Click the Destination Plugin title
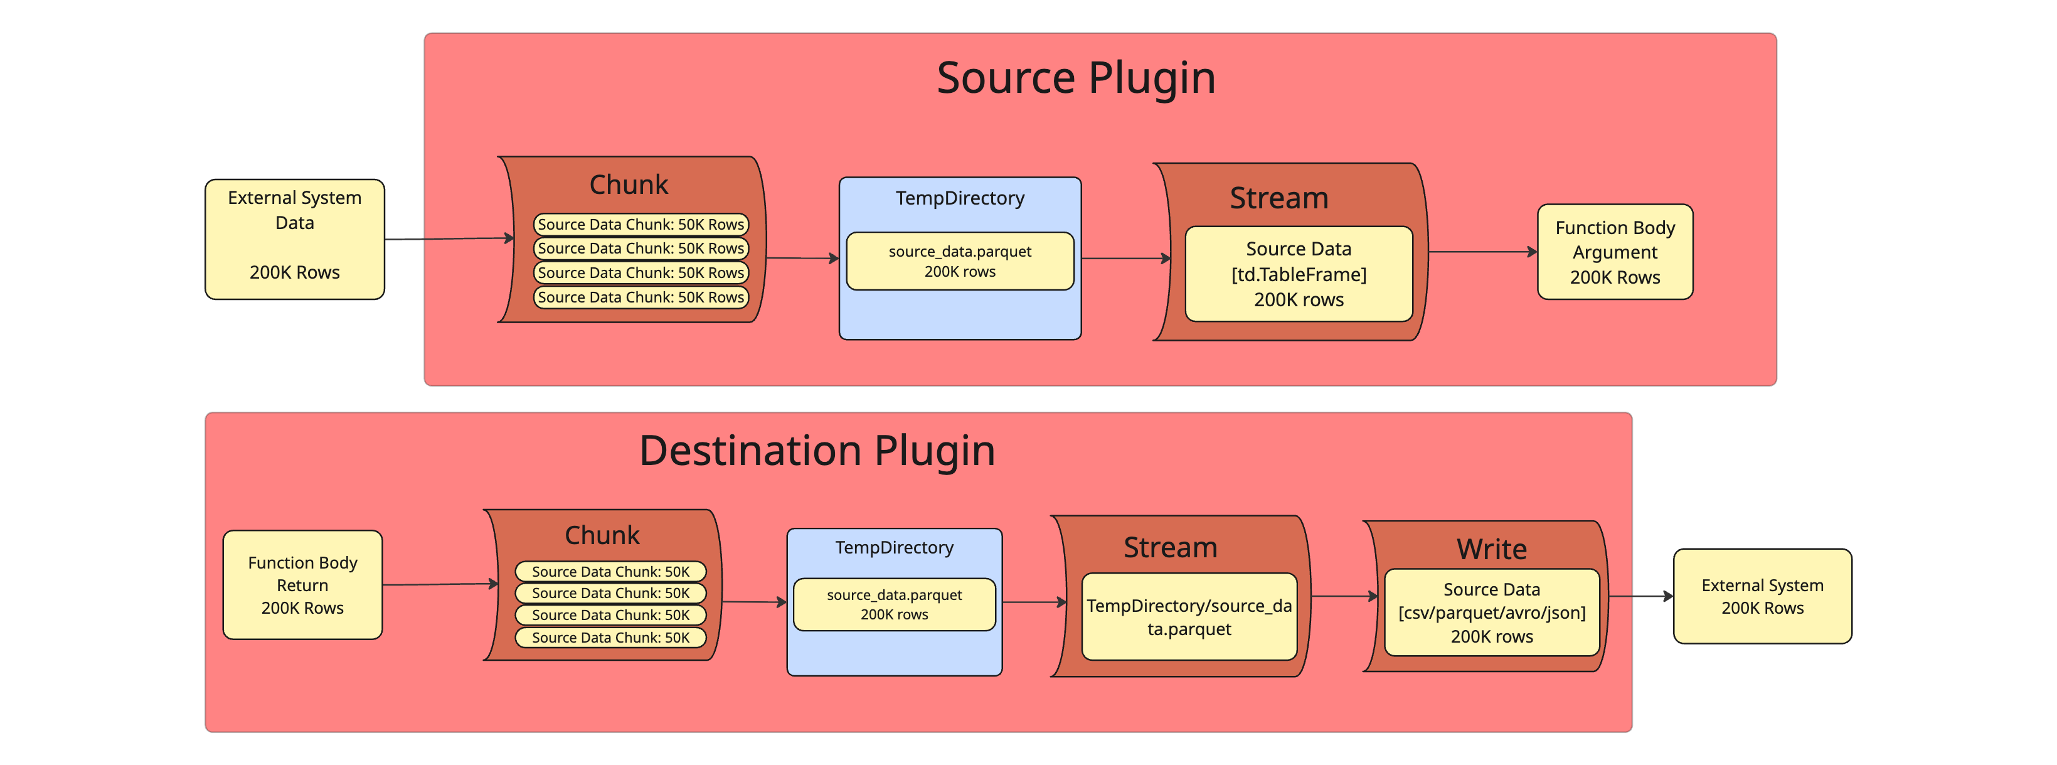pos(816,451)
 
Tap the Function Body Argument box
pos(1614,252)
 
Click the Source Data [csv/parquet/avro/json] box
pos(1491,613)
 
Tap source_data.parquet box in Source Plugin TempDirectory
pos(959,261)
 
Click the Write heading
pos(1491,548)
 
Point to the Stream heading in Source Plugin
pos(1278,198)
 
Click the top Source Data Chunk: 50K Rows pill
pos(640,225)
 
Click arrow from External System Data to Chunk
pos(447,238)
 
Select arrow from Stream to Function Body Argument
pos(1481,252)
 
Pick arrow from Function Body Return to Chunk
pos(439,584)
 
